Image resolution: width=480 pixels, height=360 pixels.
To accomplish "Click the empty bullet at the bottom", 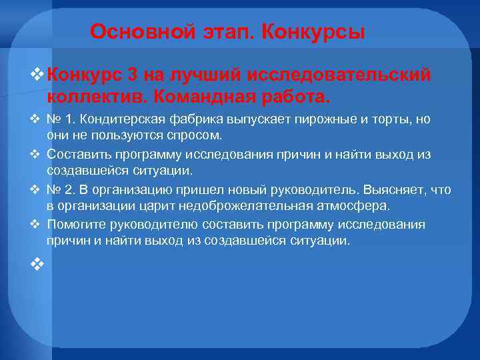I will [37, 265].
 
